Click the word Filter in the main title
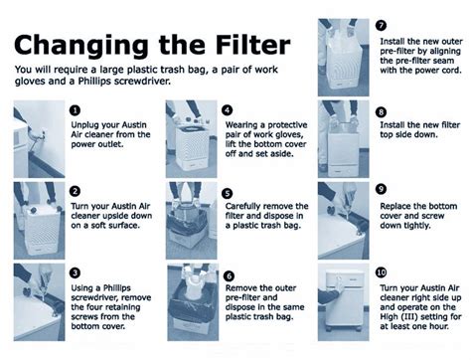(x=252, y=45)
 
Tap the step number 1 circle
(x=76, y=110)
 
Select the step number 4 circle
(x=228, y=110)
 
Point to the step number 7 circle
(x=381, y=25)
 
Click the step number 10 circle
(x=381, y=272)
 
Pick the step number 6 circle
(x=229, y=275)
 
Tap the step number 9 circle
(x=381, y=189)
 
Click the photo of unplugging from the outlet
(x=39, y=139)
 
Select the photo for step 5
(x=192, y=221)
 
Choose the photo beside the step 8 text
(x=344, y=139)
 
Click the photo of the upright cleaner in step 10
(x=344, y=302)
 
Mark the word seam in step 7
(x=442, y=61)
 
